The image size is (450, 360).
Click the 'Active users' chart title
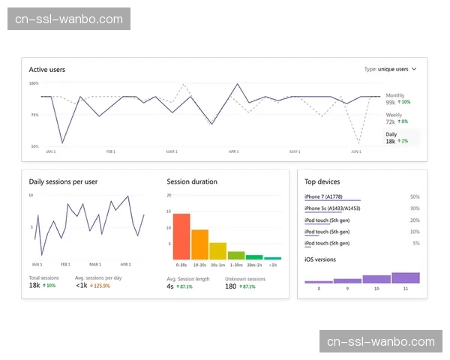[47, 70]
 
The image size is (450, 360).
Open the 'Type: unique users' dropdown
[390, 69]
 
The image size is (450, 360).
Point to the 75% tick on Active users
[34, 115]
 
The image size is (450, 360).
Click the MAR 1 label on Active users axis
[172, 151]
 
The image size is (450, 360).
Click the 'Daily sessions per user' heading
[63, 181]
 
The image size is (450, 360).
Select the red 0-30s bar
[181, 236]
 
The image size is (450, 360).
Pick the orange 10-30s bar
[199, 244]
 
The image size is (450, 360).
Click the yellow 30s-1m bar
[217, 250]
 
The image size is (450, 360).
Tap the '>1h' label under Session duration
[272, 265]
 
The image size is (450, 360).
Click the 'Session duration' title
[192, 181]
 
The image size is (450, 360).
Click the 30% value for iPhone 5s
[415, 208]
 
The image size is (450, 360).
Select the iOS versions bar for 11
[406, 277]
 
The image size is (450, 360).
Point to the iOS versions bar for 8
[319, 281]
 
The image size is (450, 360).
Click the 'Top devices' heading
[322, 181]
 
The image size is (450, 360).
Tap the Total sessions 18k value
[34, 286]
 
